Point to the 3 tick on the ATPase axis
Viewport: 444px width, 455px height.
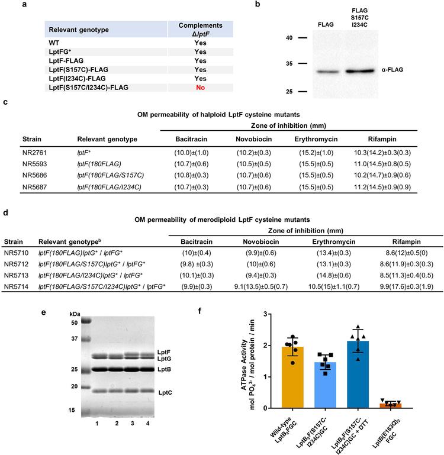tap(269, 314)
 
